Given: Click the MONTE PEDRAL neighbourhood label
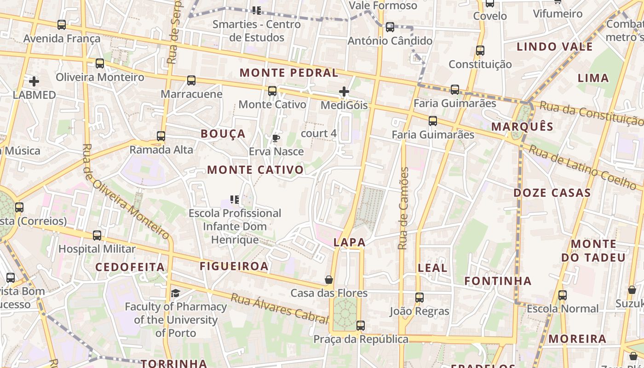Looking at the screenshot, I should (289, 73).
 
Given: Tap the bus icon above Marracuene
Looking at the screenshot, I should (191, 80).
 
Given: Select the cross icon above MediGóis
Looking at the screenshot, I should (344, 92).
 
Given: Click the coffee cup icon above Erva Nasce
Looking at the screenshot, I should (276, 138).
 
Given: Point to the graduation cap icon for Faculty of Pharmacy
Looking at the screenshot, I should (175, 293).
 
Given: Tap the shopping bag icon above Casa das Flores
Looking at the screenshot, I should (329, 279).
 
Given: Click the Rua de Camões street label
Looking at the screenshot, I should (403, 208).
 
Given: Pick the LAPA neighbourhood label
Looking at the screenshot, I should (350, 242).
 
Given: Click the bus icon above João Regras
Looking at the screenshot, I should (419, 298).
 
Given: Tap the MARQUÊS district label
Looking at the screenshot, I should (522, 126).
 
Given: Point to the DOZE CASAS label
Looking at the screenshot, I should (552, 193).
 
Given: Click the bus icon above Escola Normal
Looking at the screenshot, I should (563, 295).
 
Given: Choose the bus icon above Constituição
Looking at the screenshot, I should (480, 51).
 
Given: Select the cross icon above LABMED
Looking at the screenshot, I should (34, 81).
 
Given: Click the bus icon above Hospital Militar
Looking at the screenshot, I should (97, 236).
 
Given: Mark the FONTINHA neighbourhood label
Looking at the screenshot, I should (498, 281).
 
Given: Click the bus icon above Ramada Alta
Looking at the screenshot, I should (161, 136).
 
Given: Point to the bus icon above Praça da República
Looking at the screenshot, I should (361, 326).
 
